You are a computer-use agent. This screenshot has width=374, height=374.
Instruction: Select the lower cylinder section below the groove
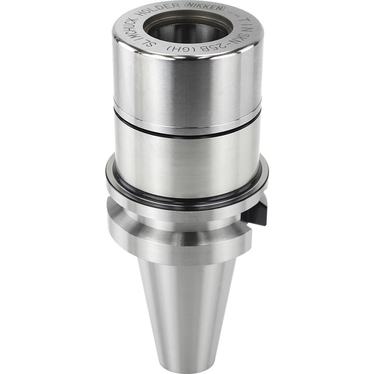[187, 165]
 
